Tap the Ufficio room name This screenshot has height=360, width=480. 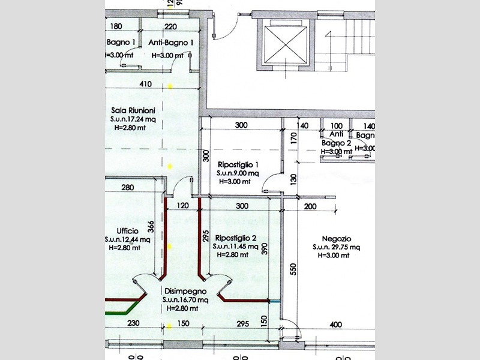(128, 231)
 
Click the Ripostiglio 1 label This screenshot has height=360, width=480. (238, 164)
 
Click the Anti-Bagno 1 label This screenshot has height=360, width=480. (170, 43)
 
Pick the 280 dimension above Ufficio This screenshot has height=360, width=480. (127, 188)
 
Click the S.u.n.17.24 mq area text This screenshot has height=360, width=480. (133, 119)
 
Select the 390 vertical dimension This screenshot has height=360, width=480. (265, 250)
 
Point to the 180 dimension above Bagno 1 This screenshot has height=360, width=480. (117, 26)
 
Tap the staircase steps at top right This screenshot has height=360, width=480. (361, 27)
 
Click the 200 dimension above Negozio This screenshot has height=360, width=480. (310, 206)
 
